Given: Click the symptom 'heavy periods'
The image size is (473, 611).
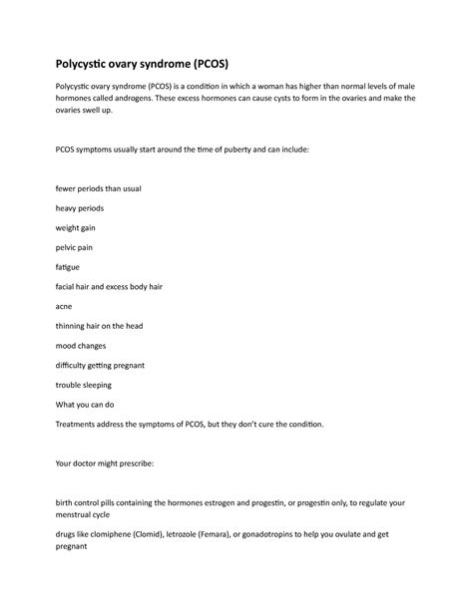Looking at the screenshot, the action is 79,207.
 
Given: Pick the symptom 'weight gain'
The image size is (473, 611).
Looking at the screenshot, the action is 75,227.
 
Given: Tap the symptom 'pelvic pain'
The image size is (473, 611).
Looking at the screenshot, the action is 75,247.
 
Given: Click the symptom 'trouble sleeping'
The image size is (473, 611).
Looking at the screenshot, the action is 83,384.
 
